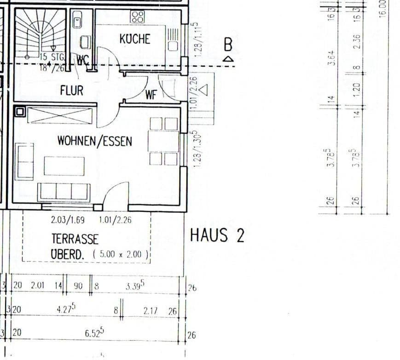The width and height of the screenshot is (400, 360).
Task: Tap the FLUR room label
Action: click(72, 91)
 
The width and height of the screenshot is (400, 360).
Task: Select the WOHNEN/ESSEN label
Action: click(94, 141)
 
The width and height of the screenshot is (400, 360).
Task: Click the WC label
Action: click(83, 60)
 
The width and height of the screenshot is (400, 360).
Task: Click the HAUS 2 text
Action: click(217, 236)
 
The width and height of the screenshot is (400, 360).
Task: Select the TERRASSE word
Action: click(75, 239)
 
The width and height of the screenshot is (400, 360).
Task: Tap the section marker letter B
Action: click(228, 45)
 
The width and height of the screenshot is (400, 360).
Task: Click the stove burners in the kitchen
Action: click(138, 17)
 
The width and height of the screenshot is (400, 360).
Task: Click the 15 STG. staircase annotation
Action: click(52, 57)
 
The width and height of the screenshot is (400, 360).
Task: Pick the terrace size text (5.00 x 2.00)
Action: click(121, 253)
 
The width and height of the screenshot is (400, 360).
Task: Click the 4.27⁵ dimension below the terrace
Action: click(65, 309)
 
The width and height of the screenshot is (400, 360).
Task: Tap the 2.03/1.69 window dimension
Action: click(68, 220)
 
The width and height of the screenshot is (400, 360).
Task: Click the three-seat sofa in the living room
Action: click(64, 192)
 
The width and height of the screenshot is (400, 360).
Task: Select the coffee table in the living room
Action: click(64, 166)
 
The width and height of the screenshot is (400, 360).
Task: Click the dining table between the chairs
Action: click(163, 141)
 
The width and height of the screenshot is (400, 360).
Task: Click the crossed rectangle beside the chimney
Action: click(59, 115)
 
